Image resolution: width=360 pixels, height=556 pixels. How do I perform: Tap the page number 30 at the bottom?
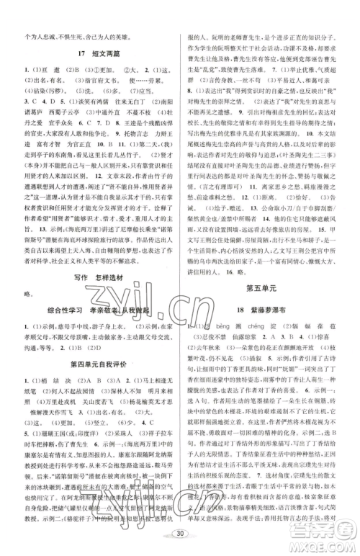pos(181,539)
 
